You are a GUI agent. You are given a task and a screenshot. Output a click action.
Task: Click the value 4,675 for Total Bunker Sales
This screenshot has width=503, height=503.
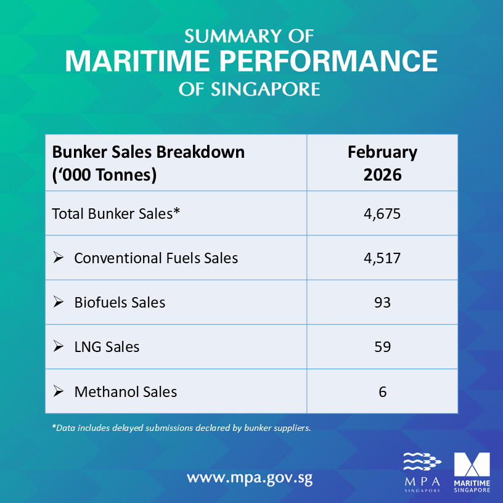pos(382,214)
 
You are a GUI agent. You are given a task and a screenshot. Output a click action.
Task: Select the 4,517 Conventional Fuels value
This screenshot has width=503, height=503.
pos(382,258)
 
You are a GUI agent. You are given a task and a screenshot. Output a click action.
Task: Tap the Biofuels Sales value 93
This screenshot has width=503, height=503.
pos(382,302)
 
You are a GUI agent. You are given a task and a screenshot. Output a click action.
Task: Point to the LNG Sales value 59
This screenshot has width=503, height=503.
pos(382,346)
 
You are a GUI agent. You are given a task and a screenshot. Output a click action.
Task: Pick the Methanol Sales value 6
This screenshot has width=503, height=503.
pos(382,391)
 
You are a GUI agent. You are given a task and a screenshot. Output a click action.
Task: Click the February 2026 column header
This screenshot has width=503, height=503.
pos(382,163)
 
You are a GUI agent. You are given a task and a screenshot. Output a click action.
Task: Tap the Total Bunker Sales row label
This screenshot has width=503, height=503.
pos(115,214)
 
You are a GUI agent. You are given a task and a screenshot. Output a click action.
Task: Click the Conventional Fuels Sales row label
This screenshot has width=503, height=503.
pos(156,258)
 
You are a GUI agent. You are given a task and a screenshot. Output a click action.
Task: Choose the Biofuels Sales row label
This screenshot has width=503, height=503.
pos(120,302)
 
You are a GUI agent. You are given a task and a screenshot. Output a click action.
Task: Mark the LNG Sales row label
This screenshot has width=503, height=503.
pos(107,346)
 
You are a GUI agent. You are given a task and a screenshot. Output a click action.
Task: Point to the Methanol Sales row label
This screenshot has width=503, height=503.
pos(126,391)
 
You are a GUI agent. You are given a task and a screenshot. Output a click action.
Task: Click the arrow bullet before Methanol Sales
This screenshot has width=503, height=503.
pos(59,391)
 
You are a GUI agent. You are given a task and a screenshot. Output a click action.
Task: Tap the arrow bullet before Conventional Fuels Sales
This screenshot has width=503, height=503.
pos(59,257)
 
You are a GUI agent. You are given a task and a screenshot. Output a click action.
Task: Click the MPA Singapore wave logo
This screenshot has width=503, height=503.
pos(422,472)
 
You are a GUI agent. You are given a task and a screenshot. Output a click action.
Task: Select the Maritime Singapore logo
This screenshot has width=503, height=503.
pos(472,472)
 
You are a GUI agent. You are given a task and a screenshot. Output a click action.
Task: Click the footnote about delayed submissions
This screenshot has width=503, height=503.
pos(181,427)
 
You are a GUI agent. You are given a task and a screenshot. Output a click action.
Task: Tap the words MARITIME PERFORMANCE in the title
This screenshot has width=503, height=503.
pos(251,62)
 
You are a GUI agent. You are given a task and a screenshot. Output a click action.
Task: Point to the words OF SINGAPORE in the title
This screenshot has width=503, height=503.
pos(250,89)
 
